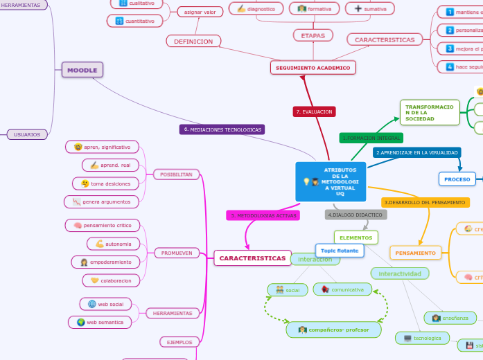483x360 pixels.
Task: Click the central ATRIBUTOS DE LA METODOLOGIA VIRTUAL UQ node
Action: tap(331, 181)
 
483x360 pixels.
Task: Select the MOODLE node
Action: tap(82, 69)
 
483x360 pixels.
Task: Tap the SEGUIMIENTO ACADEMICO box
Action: tap(313, 67)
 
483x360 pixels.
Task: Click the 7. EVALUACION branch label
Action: tap(314, 111)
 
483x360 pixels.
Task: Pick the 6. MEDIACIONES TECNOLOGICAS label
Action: tap(222, 129)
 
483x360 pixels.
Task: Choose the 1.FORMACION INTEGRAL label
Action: tap(371, 138)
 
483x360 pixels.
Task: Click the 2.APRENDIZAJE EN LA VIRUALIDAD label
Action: tap(416, 152)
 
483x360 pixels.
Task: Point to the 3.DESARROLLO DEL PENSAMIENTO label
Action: tap(423, 202)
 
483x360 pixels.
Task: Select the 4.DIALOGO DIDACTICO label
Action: tap(355, 215)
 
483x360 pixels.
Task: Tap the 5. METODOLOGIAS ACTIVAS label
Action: tap(263, 215)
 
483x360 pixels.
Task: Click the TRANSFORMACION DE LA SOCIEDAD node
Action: tap(430, 112)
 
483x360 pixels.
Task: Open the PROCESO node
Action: tap(457, 179)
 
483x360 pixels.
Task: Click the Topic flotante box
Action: tap(340, 250)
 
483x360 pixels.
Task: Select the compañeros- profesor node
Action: tap(334, 330)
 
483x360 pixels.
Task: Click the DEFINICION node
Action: tap(193, 42)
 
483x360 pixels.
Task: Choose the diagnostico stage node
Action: tap(256, 8)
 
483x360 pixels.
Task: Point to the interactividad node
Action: tap(400, 273)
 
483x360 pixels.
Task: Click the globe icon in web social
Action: tap(92, 304)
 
